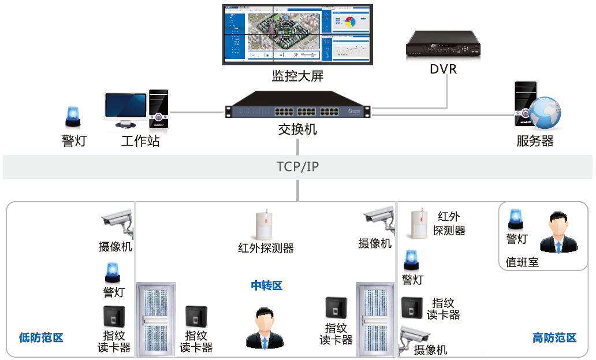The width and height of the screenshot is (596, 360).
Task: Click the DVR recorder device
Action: click(x=443, y=45)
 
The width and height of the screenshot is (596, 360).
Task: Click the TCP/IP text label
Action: click(x=297, y=167)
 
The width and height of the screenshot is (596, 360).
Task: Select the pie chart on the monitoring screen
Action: click(x=349, y=23)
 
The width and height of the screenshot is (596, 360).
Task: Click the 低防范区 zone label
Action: click(x=40, y=337)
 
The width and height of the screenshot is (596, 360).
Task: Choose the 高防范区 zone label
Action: click(x=554, y=338)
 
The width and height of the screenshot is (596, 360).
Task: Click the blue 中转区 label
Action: click(x=266, y=285)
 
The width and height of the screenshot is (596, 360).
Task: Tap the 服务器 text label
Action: click(x=535, y=141)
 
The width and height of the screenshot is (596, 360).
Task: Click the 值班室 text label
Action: click(x=522, y=262)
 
